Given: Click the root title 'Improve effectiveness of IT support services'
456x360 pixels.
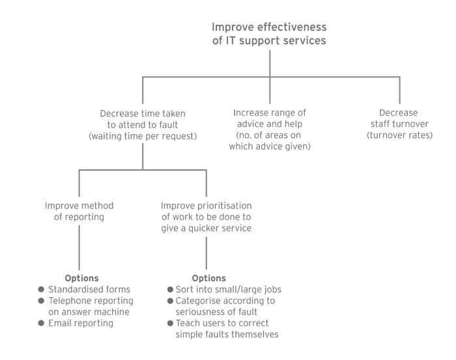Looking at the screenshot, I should (269, 34).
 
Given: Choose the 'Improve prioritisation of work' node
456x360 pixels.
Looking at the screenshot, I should (206, 217).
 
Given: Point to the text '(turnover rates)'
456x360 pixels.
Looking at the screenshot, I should (399, 135).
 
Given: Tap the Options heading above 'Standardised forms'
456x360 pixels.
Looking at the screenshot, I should (81, 278).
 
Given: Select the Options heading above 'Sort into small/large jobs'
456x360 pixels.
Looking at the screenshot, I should (209, 278).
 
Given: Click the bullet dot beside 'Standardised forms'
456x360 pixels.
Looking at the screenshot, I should (42, 290).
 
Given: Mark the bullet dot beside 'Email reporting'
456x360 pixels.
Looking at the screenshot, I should (42, 323).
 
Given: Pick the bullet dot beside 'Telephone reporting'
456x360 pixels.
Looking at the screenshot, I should (42, 301).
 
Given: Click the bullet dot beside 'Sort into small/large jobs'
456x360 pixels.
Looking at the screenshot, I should (169, 290).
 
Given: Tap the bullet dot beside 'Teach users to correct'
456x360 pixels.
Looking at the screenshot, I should (169, 323).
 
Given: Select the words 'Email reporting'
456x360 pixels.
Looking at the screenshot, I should (81, 323).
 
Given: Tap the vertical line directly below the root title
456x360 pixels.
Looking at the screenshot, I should (270, 62).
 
